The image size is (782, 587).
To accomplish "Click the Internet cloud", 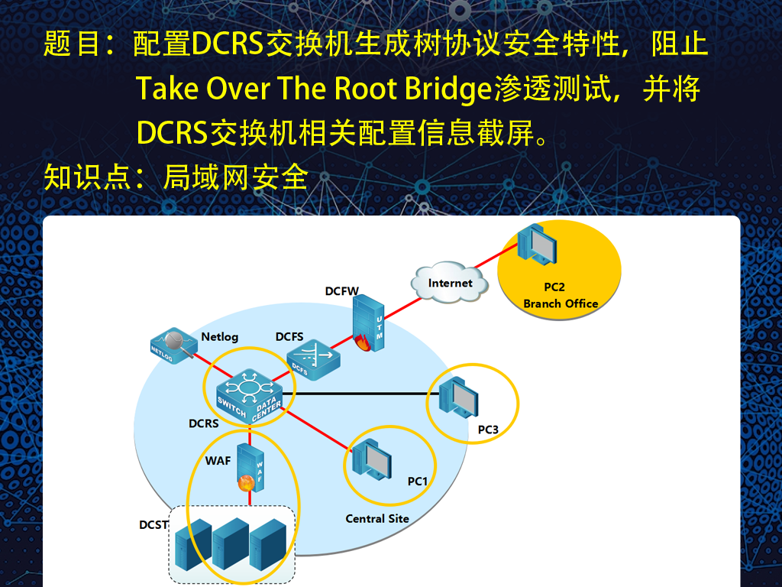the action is point(449,282).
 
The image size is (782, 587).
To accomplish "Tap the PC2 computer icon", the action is point(537,245).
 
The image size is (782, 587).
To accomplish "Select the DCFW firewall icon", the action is point(368,323).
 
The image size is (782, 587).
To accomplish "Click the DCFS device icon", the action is point(313,359).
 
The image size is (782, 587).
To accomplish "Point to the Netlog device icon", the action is point(173,345).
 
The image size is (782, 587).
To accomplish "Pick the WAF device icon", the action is point(250,468).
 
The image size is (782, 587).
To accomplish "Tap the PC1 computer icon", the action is point(372,459).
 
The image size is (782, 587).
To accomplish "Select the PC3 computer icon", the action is point(458,397).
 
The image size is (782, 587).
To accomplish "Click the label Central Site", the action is point(377,519).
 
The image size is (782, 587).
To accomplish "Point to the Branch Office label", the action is point(561,303).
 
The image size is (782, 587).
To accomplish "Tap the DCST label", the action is point(153,524).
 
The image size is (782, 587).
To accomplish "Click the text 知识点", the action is point(87,177).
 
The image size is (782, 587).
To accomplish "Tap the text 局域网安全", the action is point(236,177).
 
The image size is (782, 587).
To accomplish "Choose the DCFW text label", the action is point(341,291).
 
